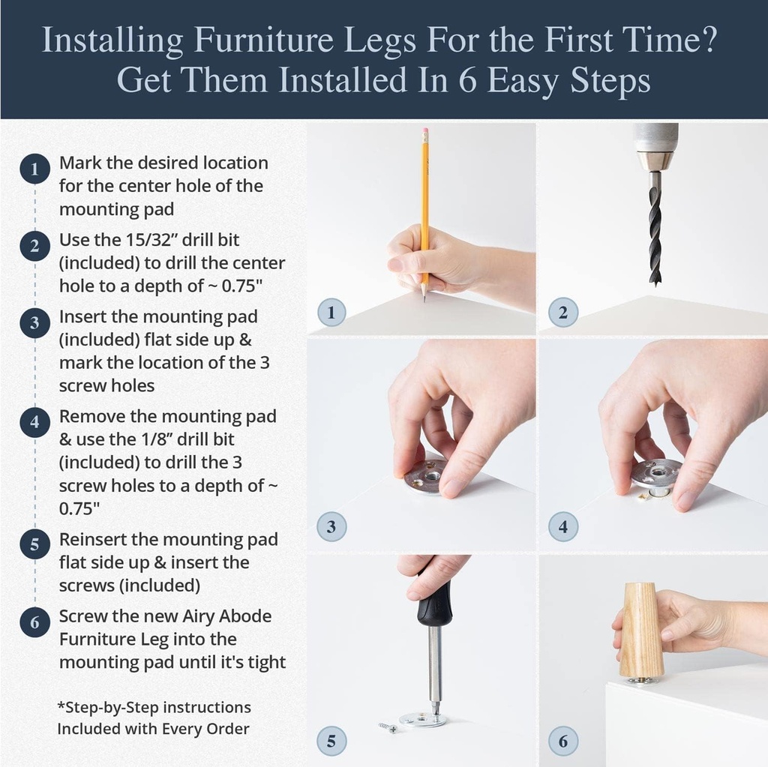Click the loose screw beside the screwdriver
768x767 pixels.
(388, 727)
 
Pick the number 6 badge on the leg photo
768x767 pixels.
(562, 742)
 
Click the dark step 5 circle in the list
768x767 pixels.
(34, 544)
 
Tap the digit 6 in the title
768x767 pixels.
(466, 81)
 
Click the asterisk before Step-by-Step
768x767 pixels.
(61, 707)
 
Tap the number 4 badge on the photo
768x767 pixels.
(562, 526)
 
